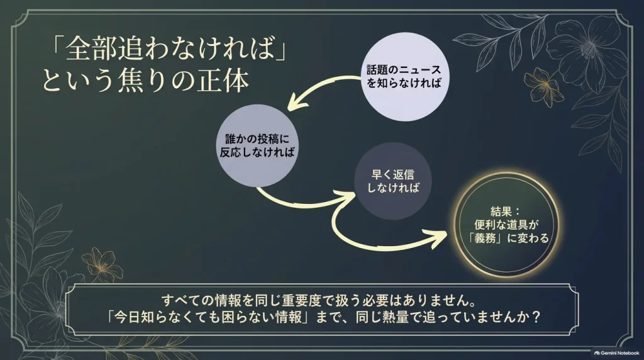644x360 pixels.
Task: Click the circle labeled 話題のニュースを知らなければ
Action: (x=404, y=77)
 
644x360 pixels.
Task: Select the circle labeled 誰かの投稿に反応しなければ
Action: (x=257, y=145)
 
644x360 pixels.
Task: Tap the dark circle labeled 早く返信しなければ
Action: (x=392, y=181)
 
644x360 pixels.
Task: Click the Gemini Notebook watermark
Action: (x=617, y=353)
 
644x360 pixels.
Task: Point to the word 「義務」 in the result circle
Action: (x=486, y=238)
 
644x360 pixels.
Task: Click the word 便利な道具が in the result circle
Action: (x=506, y=225)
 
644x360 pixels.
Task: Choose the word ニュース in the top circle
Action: (x=420, y=70)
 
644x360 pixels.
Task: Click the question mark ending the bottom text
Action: (x=535, y=317)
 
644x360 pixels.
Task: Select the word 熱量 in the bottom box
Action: (x=395, y=317)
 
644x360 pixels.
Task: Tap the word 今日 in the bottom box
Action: (x=128, y=317)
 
